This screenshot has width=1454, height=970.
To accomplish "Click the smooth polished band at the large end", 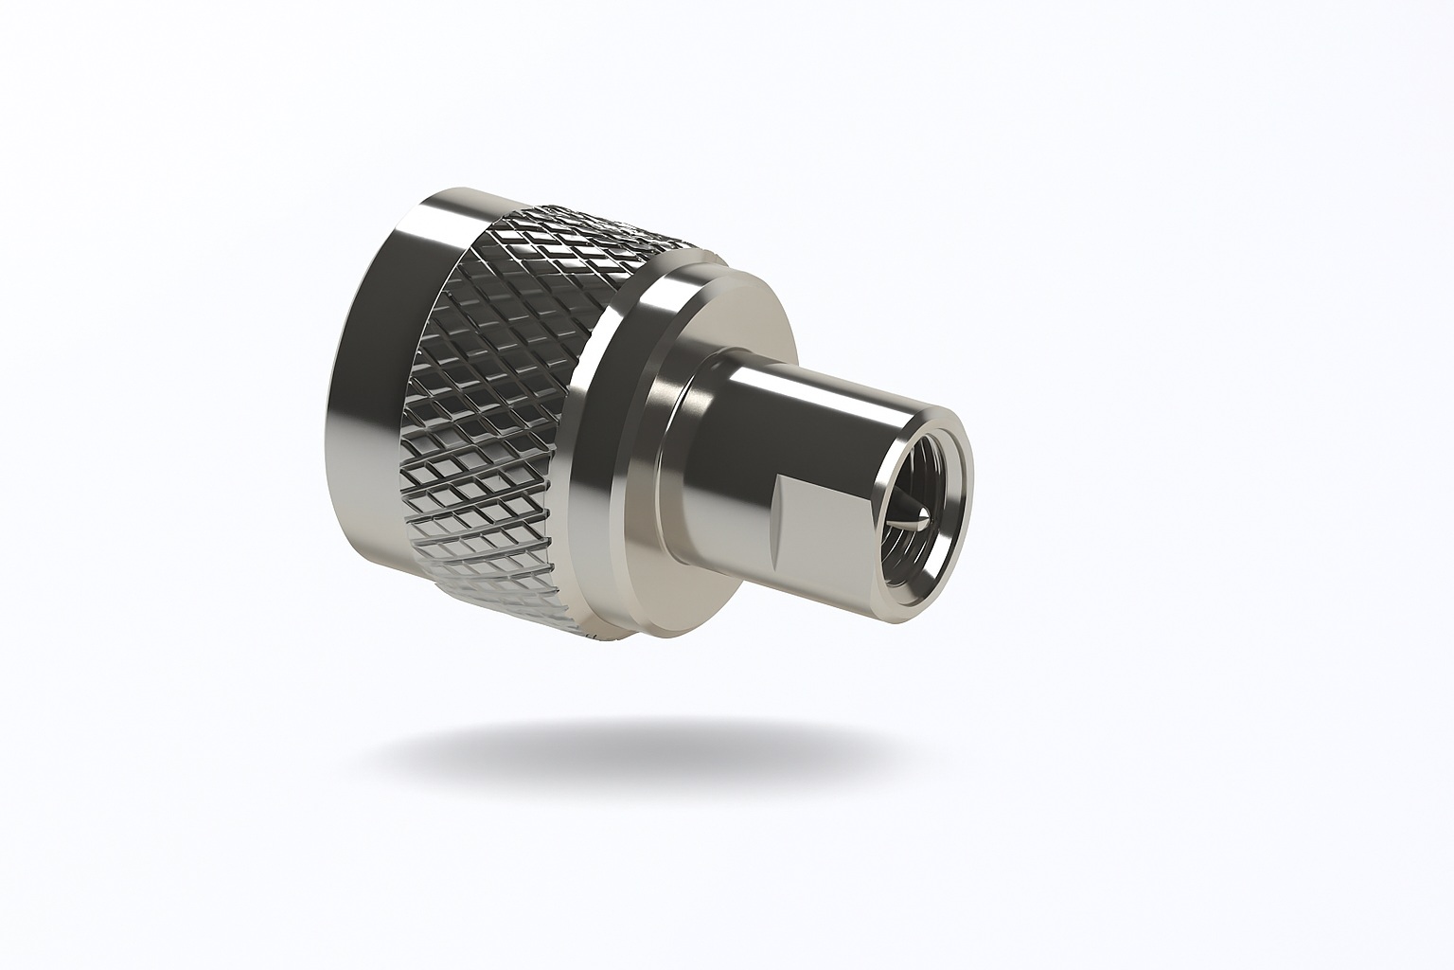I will pos(379,379).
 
